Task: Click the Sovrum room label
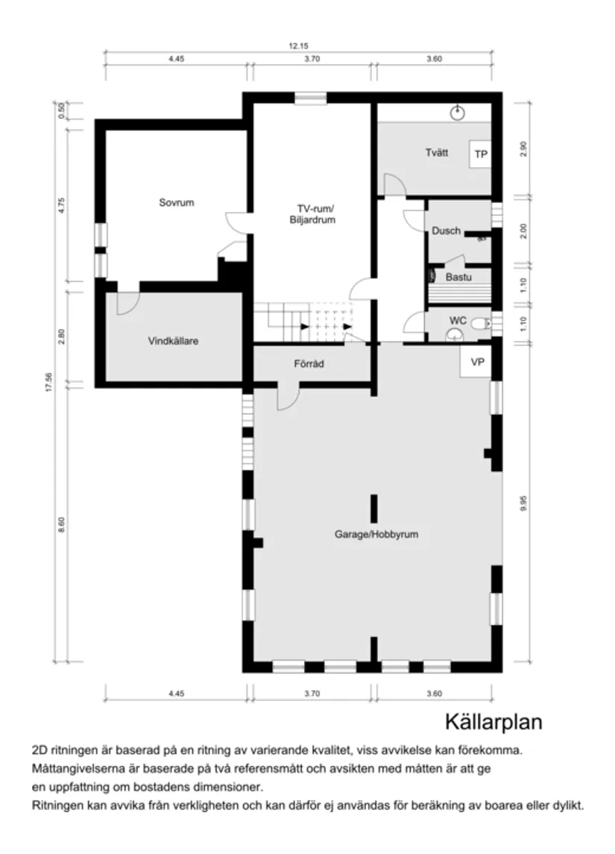tap(176, 202)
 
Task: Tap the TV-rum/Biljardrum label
tap(312, 214)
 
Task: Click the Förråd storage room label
tap(308, 364)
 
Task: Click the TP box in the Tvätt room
tap(480, 154)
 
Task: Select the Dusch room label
tap(446, 231)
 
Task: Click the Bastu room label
tap(458, 277)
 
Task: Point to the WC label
tap(457, 320)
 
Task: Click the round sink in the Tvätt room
tap(458, 113)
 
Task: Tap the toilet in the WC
tap(485, 323)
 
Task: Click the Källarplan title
tap(493, 721)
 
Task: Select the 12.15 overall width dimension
tap(297, 46)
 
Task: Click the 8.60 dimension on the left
tap(62, 524)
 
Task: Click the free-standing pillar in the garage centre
tap(373, 507)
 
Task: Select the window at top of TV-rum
tap(306, 98)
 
